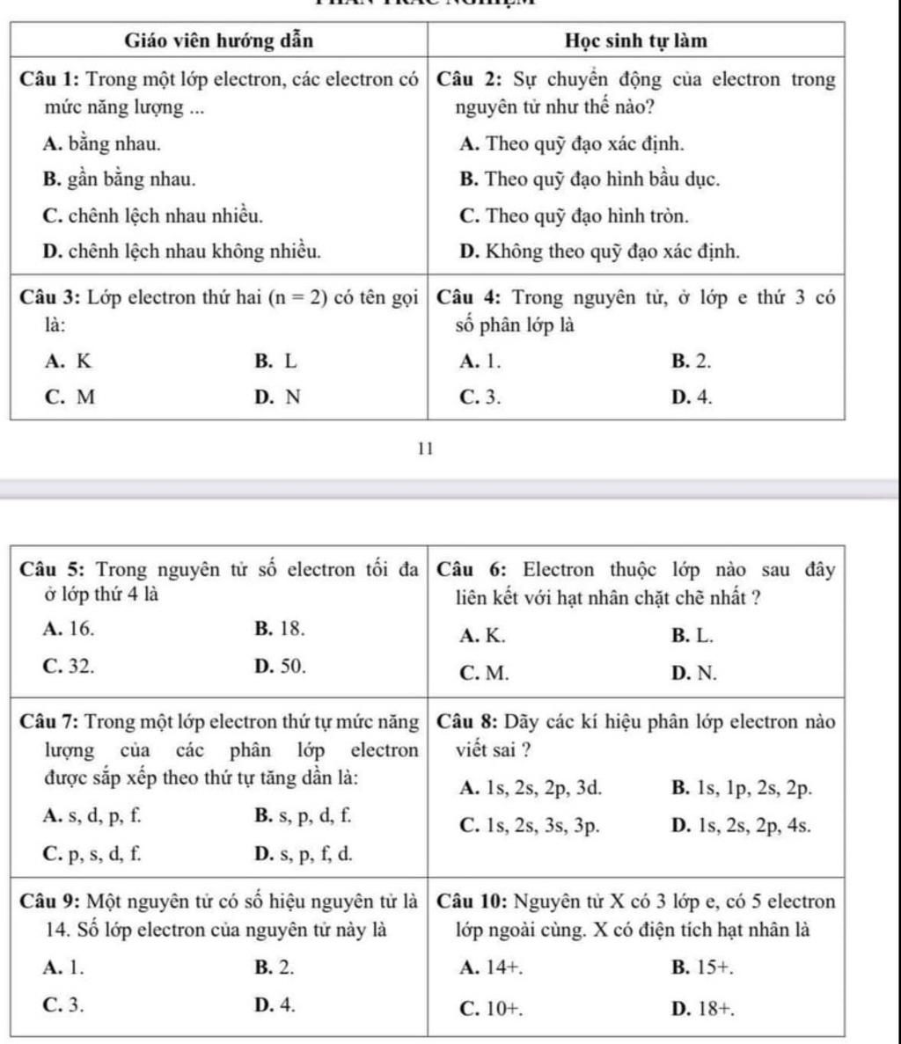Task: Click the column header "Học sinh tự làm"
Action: [635, 41]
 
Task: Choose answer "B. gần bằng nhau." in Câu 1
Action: [119, 179]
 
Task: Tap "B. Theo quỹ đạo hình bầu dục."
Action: [590, 179]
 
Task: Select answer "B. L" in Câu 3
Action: [275, 360]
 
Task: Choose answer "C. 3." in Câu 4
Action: [481, 397]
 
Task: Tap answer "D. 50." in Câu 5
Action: [280, 666]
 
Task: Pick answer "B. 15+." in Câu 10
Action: [702, 968]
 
